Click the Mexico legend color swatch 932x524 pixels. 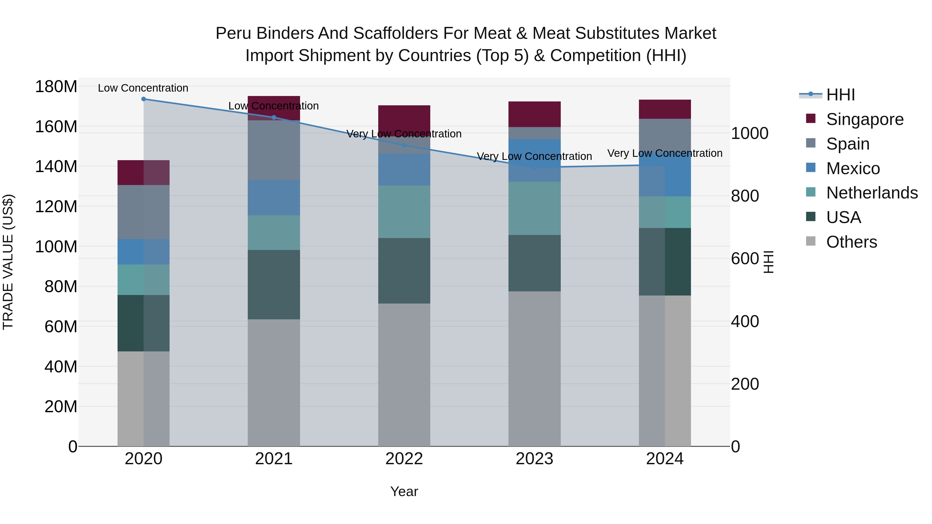(x=811, y=168)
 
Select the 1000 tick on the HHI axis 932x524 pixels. (x=749, y=134)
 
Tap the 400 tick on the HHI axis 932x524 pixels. (x=745, y=321)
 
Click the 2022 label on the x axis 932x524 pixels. (x=404, y=459)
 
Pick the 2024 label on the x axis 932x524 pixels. (x=665, y=459)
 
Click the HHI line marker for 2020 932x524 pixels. (x=144, y=99)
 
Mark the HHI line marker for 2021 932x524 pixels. (x=274, y=117)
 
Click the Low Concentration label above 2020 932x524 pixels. (x=143, y=88)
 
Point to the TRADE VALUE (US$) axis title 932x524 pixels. (x=8, y=262)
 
